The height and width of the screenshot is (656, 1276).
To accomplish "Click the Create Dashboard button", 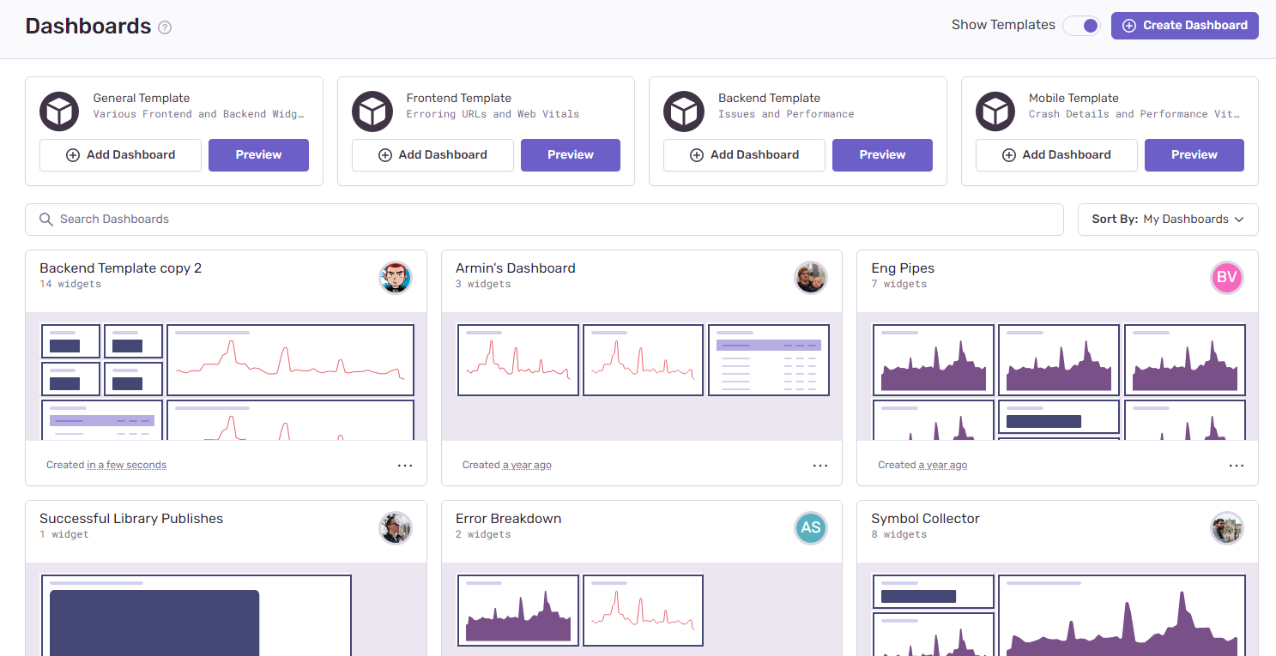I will tap(1184, 26).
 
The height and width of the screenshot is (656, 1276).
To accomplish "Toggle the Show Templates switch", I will tap(1081, 26).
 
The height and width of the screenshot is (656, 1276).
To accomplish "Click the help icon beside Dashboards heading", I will tap(165, 27).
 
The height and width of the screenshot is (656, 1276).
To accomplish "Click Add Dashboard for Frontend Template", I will tap(432, 155).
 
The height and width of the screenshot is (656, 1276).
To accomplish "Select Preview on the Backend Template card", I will tap(882, 155).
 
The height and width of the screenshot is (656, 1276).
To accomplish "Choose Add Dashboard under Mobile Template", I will tap(1056, 155).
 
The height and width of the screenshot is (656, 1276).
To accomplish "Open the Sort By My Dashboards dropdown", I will tap(1168, 220).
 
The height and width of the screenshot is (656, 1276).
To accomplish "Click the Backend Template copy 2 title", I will tap(121, 268).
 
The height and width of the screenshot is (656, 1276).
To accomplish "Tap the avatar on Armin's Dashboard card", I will tap(811, 278).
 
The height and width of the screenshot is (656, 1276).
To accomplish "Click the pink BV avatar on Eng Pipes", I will tap(1227, 278).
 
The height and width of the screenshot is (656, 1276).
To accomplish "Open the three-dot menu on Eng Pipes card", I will tap(1236, 466).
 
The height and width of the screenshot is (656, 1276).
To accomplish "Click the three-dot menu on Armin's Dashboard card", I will tap(820, 466).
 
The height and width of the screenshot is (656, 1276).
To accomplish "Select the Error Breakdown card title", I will tap(508, 519).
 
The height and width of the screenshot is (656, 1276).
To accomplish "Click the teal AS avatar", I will tap(811, 528).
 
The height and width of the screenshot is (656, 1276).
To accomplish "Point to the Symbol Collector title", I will tap(925, 519).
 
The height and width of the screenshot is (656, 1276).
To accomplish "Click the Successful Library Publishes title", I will tap(131, 519).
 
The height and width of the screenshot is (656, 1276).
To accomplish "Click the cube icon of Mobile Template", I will tap(995, 112).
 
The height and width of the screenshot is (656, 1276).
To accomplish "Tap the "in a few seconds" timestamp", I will tap(127, 466).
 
